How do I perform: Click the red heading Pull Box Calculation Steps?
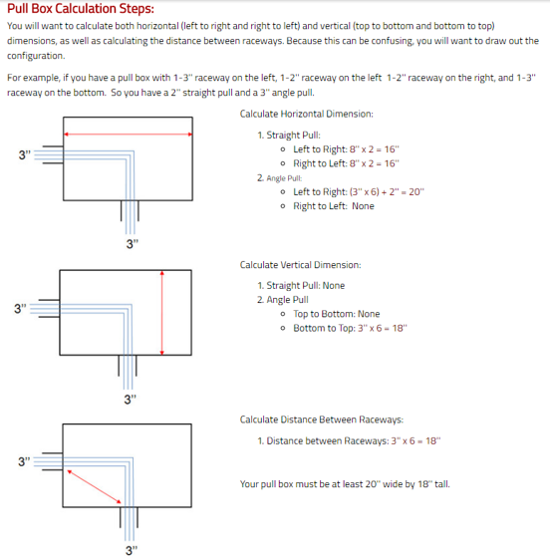[81, 8]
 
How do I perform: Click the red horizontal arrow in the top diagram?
[128, 135]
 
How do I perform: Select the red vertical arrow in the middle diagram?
[161, 313]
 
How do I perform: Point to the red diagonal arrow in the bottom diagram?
[94, 486]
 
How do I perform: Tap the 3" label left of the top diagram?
[25, 155]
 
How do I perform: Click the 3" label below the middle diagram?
[131, 400]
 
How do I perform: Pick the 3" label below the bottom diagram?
[132, 550]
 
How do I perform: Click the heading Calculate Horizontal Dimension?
[306, 114]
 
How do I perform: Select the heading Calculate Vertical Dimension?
[300, 265]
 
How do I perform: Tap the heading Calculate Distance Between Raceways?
[322, 419]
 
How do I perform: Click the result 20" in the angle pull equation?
[416, 191]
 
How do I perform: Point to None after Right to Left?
[363, 206]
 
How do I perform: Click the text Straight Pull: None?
[306, 286]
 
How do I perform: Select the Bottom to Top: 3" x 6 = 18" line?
[350, 328]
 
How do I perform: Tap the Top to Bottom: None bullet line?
[337, 314]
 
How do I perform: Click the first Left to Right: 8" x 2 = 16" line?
[346, 149]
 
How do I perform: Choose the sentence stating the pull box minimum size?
[345, 484]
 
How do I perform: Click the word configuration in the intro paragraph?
[36, 56]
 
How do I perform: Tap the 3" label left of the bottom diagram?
[24, 461]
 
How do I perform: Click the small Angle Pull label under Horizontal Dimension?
[284, 178]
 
